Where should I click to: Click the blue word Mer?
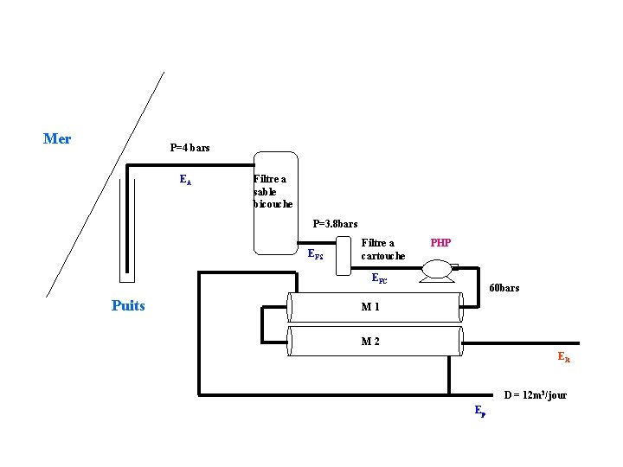(x=57, y=138)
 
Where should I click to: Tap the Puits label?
(x=128, y=305)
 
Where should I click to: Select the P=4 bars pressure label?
(x=189, y=148)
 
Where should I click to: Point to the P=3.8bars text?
(x=335, y=223)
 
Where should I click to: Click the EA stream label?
(x=185, y=180)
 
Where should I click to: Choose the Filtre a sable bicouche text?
(x=273, y=191)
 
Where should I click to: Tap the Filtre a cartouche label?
(x=382, y=249)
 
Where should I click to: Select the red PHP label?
(x=440, y=243)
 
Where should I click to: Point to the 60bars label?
(x=504, y=288)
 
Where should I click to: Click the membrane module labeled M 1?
(x=374, y=308)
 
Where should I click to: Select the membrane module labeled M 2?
(x=374, y=341)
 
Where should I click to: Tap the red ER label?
(x=564, y=356)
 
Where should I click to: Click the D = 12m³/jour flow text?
(x=535, y=395)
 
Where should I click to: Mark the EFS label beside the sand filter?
(x=316, y=254)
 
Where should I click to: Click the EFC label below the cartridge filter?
(x=379, y=278)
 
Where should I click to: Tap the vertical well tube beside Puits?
(x=126, y=225)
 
